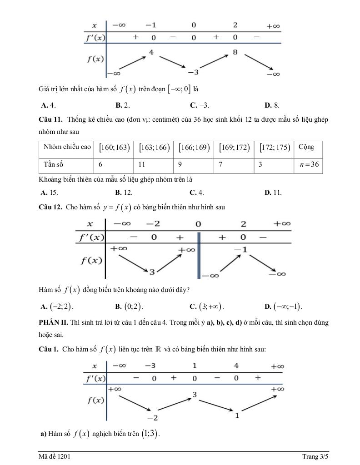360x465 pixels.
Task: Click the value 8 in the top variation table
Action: point(235,53)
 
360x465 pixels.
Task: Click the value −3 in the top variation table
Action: point(193,72)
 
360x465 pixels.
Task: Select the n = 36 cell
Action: point(308,164)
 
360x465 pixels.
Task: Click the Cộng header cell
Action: point(306,147)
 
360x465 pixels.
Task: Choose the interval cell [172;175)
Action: point(275,148)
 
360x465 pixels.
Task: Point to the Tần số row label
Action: point(54,164)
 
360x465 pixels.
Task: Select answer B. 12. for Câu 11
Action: point(124,192)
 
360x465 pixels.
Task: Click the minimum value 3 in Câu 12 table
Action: point(152,272)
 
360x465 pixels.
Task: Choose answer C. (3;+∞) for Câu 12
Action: point(206,306)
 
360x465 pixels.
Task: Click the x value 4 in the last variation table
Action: point(236,366)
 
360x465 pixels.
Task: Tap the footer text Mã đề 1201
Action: point(54,456)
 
